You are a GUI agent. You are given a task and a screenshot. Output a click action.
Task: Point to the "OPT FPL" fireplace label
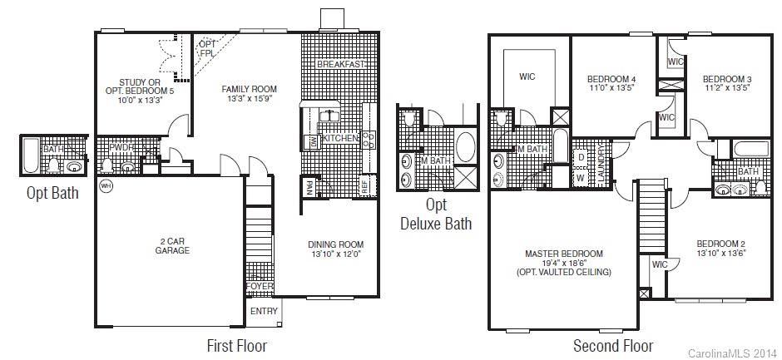coord(206,48)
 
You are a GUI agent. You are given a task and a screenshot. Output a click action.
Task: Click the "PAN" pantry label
coord(309,187)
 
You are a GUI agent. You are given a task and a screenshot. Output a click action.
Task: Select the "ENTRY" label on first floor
coord(265,311)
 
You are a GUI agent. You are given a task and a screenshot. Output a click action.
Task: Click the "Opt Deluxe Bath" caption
coord(436,214)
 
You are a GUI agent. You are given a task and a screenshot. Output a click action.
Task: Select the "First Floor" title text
coord(236,344)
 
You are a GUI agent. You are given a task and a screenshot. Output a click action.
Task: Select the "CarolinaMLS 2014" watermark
coord(732,353)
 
